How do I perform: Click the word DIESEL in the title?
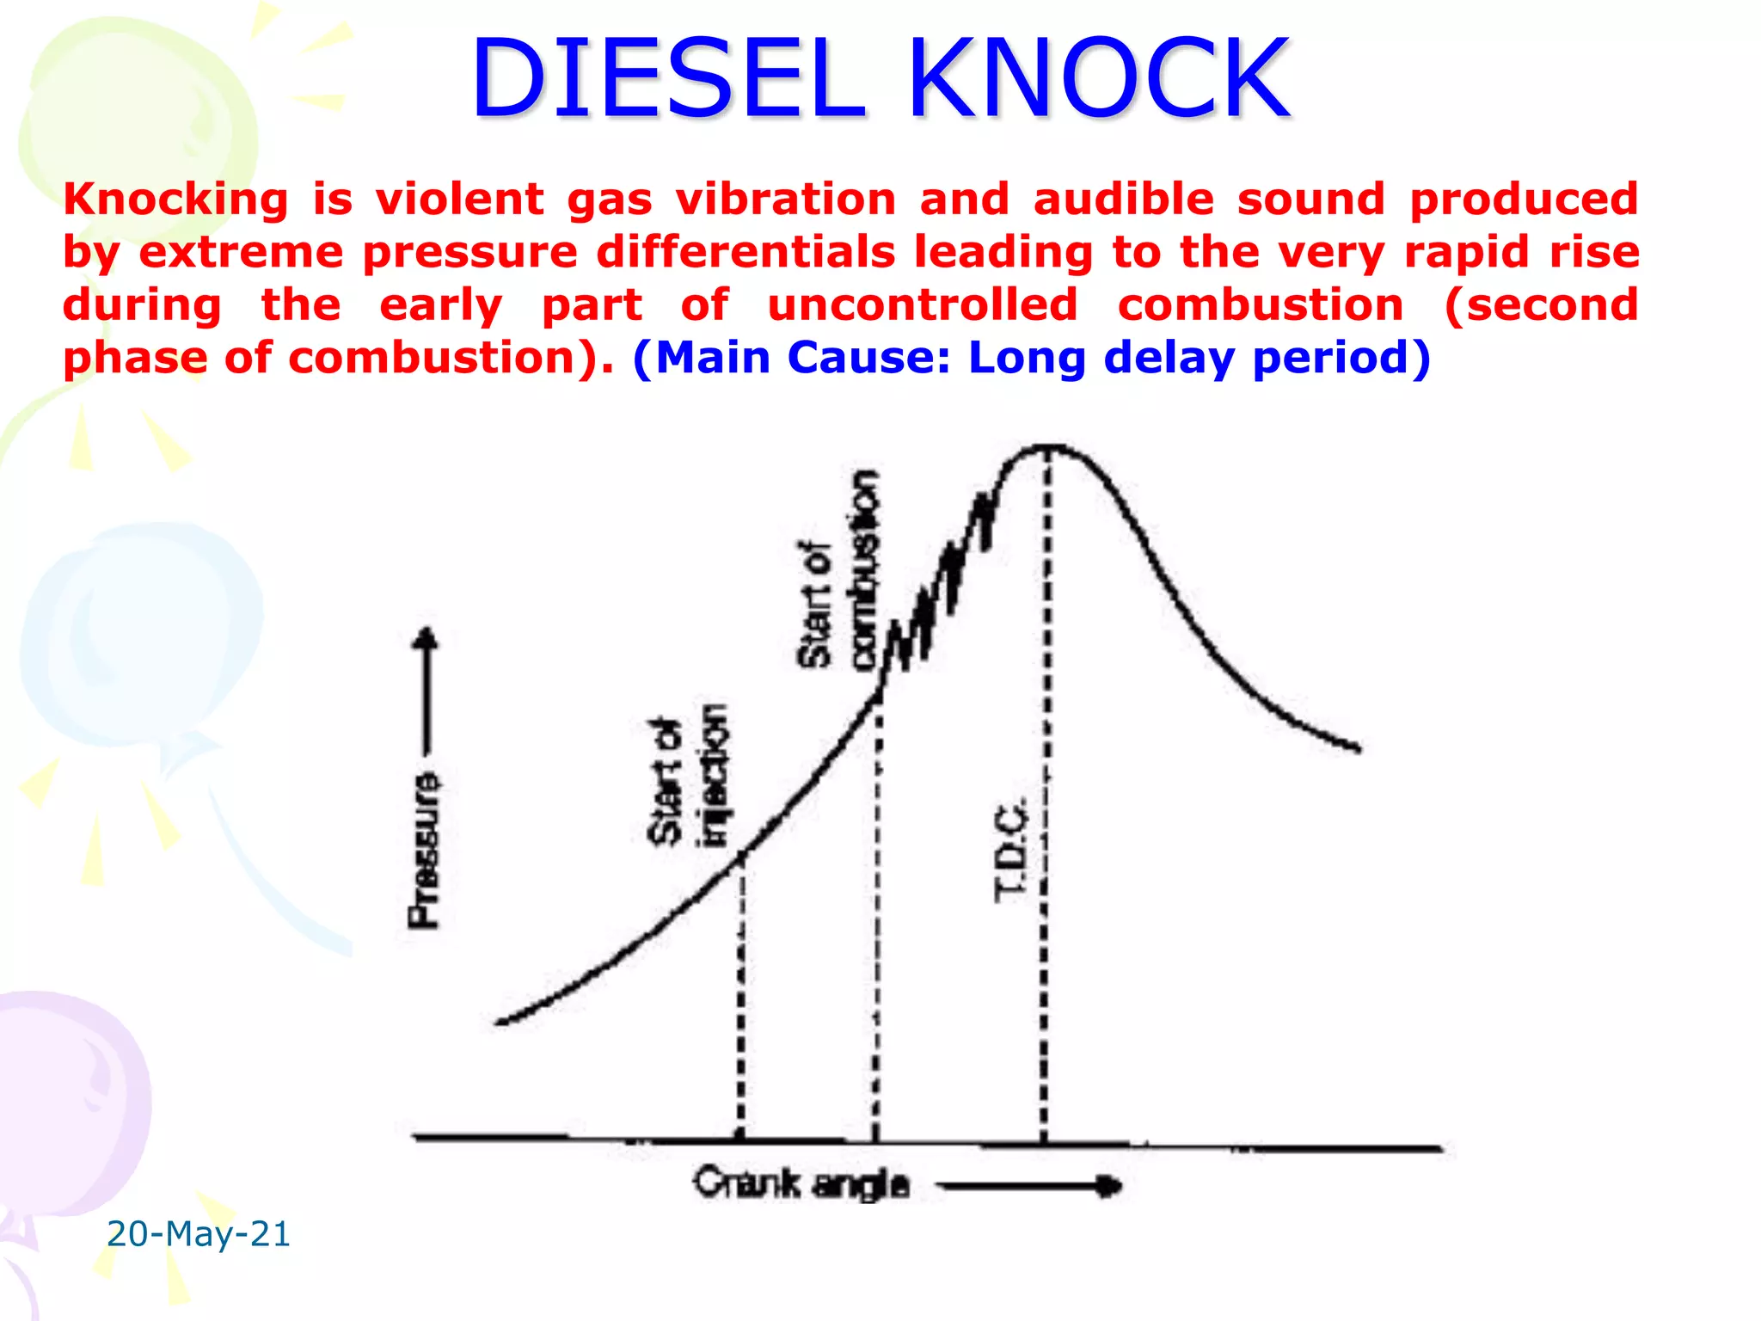tap(667, 79)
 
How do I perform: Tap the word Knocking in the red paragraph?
tap(175, 200)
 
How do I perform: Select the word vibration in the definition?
tap(786, 200)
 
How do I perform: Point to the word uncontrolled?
tap(923, 305)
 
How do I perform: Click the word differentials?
tap(745, 253)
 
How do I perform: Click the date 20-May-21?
tap(198, 1234)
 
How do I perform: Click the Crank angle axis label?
tap(801, 1184)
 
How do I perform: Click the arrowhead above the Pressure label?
tap(426, 637)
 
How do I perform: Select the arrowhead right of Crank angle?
tap(1110, 1187)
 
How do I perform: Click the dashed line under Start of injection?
tap(741, 998)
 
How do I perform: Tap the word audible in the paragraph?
tap(1123, 200)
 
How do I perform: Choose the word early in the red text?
tap(440, 306)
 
